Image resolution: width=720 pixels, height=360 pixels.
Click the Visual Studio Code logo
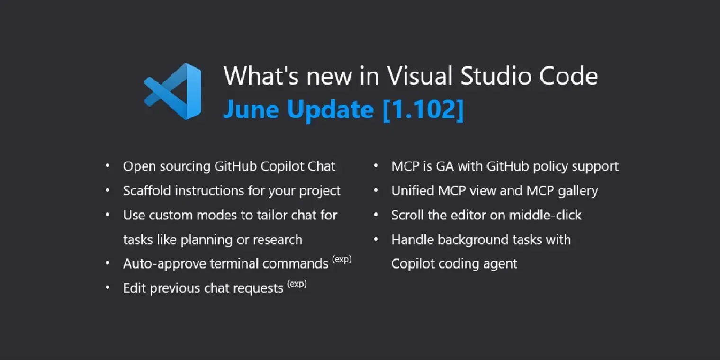(173, 91)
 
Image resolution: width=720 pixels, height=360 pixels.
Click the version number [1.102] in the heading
(423, 109)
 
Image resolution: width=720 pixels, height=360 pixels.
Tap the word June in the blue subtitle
(251, 110)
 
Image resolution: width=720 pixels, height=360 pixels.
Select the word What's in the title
(261, 76)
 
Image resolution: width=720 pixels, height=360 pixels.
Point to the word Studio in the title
(495, 76)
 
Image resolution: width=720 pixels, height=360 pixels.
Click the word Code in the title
(568, 76)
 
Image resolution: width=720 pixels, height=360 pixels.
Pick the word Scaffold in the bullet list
(147, 190)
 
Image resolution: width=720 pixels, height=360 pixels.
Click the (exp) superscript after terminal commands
(342, 259)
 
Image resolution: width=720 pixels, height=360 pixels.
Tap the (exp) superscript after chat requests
(297, 283)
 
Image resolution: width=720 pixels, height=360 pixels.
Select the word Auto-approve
(164, 264)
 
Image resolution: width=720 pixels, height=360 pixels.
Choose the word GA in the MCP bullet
(445, 167)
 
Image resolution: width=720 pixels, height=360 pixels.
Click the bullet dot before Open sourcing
(108, 166)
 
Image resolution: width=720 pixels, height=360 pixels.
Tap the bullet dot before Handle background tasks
(376, 239)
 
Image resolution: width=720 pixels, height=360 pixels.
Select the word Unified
(413, 190)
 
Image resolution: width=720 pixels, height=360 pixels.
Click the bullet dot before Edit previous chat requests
(108, 288)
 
